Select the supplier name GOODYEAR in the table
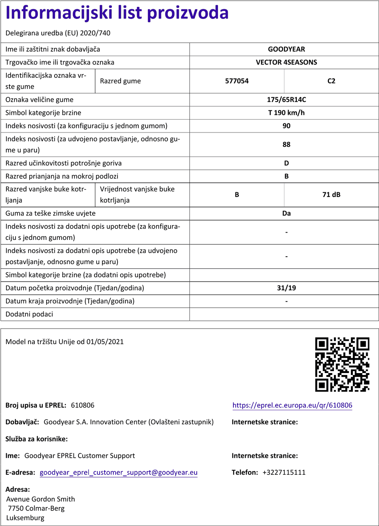[x=286, y=49]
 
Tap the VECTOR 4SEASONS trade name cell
[x=286, y=62]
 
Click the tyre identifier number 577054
[x=237, y=81]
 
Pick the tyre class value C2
[x=331, y=81]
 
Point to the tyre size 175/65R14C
[x=286, y=100]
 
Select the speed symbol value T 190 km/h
[x=286, y=113]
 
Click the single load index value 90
[x=286, y=126]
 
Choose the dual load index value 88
[x=286, y=145]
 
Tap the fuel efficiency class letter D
[x=286, y=163]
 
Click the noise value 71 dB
[x=331, y=195]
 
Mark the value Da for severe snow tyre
[x=286, y=213]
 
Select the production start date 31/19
[x=286, y=288]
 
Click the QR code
[x=342, y=364]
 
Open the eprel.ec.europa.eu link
[x=292, y=405]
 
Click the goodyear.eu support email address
[x=119, y=472]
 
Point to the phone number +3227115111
[x=284, y=472]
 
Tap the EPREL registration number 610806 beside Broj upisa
[x=83, y=405]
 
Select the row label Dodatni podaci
[x=29, y=314]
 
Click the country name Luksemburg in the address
[x=25, y=518]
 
